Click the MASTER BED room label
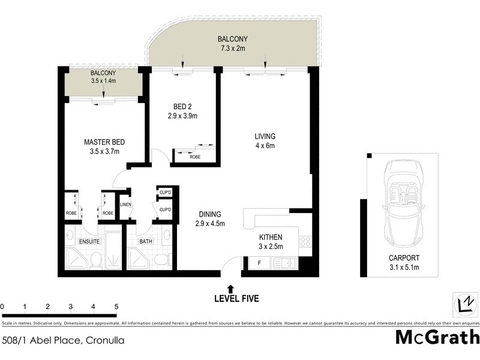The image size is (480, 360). pos(104,142)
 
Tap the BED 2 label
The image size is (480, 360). pos(182,107)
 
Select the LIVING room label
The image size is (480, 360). pos(265,136)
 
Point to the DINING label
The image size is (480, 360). pos(210,214)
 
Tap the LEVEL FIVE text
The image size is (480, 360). pos(236,298)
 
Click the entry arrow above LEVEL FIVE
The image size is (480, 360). pos(231,289)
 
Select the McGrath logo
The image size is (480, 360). pos(437,337)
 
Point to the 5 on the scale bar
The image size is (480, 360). pos(116,307)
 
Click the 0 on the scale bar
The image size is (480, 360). pos(3,307)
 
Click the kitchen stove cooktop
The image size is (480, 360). pos(304,242)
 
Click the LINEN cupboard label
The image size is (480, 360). pos(125,205)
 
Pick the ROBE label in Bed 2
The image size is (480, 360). pos(195,157)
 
